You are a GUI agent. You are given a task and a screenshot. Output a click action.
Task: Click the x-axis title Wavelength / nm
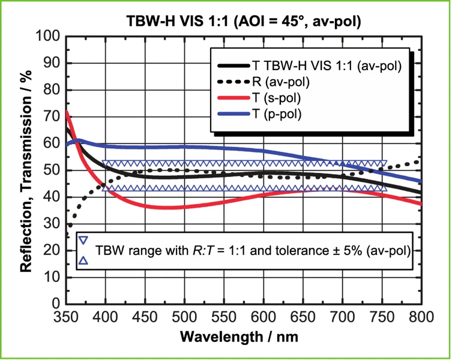[x=243, y=337]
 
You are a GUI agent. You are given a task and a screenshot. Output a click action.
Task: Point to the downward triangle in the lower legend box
[x=84, y=241]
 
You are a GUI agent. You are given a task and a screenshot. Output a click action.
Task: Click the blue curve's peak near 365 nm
[x=78, y=141]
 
